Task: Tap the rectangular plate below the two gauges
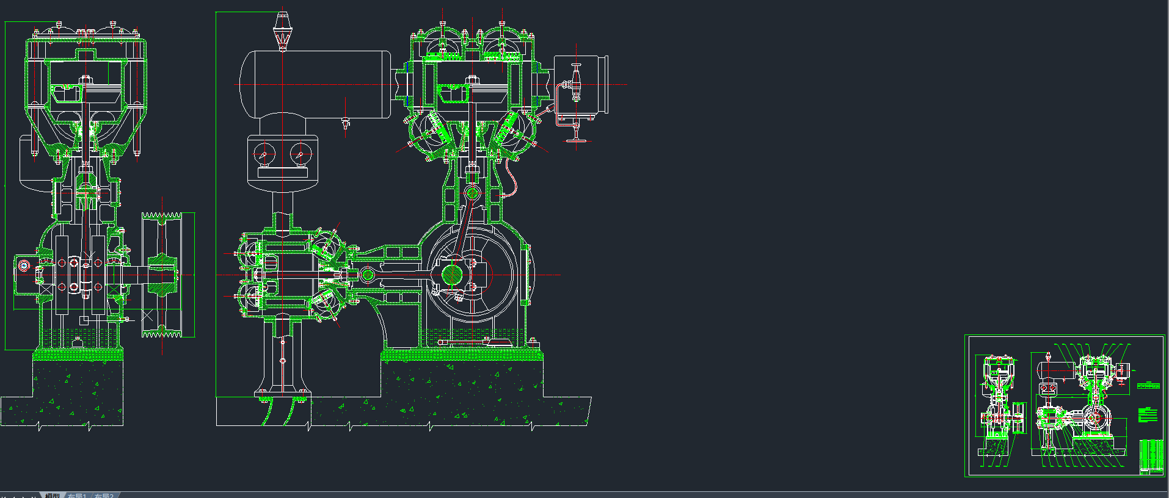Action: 282,173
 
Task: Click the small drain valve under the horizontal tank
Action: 346,125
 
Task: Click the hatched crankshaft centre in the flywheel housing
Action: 452,275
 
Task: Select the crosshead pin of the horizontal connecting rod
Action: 367,275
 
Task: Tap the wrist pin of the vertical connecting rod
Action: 472,193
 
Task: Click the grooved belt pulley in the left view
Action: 162,275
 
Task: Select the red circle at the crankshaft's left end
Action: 24,265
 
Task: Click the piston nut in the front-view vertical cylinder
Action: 471,81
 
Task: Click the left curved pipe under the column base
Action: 268,412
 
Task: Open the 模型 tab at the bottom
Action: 53,495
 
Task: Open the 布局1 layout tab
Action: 76,495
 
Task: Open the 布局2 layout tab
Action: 104,495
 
